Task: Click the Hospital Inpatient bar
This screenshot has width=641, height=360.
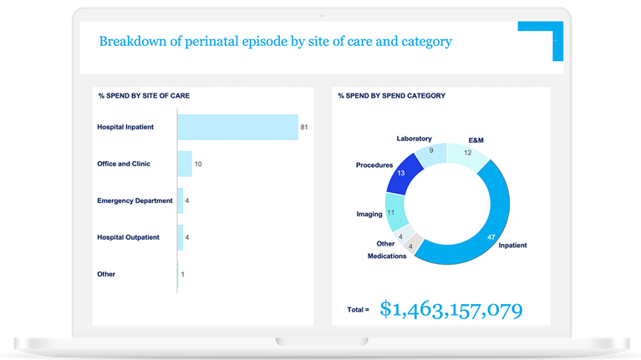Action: (x=237, y=127)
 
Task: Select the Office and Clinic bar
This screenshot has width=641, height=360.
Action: (x=185, y=164)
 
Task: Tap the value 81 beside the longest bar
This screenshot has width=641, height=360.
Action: (x=305, y=127)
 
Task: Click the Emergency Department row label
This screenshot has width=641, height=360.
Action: (x=135, y=200)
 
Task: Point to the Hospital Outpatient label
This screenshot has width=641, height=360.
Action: (x=133, y=237)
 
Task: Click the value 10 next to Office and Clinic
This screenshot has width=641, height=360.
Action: (x=198, y=164)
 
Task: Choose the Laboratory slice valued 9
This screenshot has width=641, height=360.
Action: (x=431, y=153)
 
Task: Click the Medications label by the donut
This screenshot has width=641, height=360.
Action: (x=387, y=256)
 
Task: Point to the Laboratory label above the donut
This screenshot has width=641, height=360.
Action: (x=415, y=138)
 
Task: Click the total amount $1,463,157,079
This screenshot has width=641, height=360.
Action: (x=451, y=309)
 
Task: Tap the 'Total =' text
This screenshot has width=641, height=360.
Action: (x=358, y=310)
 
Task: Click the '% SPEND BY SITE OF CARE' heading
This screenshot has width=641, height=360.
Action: (x=143, y=96)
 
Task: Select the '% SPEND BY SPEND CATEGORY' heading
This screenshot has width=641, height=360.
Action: (x=391, y=96)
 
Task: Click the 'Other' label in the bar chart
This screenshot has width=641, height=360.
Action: (x=106, y=274)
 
